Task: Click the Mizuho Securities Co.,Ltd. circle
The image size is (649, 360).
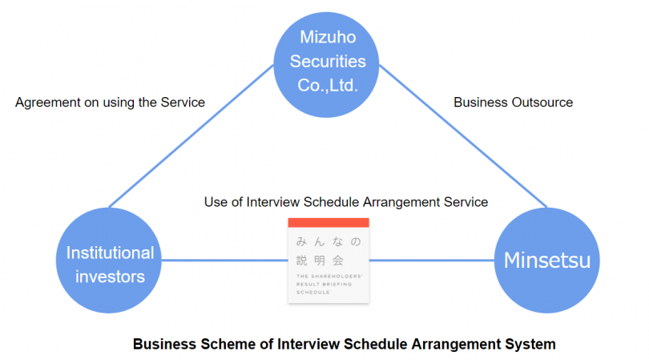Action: click(326, 65)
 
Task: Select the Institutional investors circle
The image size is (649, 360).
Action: click(109, 260)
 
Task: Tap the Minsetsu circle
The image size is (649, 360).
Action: click(546, 260)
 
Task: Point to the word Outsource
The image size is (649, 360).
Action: click(542, 103)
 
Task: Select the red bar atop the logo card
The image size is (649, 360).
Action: click(329, 222)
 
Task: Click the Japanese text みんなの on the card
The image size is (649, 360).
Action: click(329, 241)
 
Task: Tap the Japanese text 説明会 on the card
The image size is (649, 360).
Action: click(320, 261)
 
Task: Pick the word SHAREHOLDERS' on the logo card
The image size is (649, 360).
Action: click(335, 276)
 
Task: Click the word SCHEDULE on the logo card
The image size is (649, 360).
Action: click(313, 293)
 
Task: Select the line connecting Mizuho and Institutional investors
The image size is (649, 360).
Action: click(191, 136)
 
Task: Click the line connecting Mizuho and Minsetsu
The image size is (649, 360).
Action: click(463, 136)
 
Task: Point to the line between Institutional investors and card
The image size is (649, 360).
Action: click(225, 261)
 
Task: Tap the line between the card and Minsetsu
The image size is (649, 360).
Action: click(432, 261)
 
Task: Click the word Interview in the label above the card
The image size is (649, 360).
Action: click(273, 202)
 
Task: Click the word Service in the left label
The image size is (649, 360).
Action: click(183, 103)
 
